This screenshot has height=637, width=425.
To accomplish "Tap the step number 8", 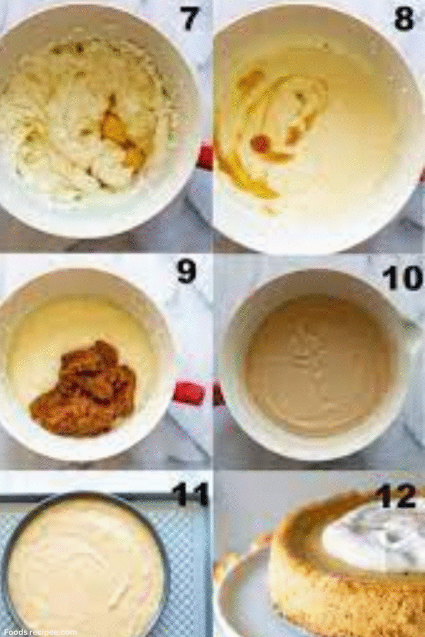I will click(404, 19).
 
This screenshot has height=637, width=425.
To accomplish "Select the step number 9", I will click(186, 272).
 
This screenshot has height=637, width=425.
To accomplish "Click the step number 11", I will click(190, 494).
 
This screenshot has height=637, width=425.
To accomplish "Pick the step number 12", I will click(395, 496).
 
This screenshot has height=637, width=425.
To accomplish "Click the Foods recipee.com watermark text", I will click(39, 631).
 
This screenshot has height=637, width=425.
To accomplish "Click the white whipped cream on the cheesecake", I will click(373, 538).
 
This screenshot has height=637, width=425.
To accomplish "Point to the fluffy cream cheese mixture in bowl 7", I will click(56, 112).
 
